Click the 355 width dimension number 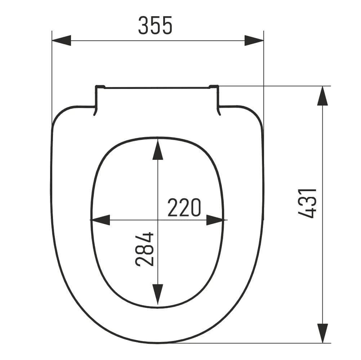155,25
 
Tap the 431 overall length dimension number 307,203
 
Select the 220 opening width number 184,207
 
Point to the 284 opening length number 144,249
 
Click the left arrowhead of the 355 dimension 62,40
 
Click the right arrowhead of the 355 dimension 254,40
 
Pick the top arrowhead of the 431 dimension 322,96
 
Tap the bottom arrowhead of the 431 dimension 322,333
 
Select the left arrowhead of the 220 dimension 101,220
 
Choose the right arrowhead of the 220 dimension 215,220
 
